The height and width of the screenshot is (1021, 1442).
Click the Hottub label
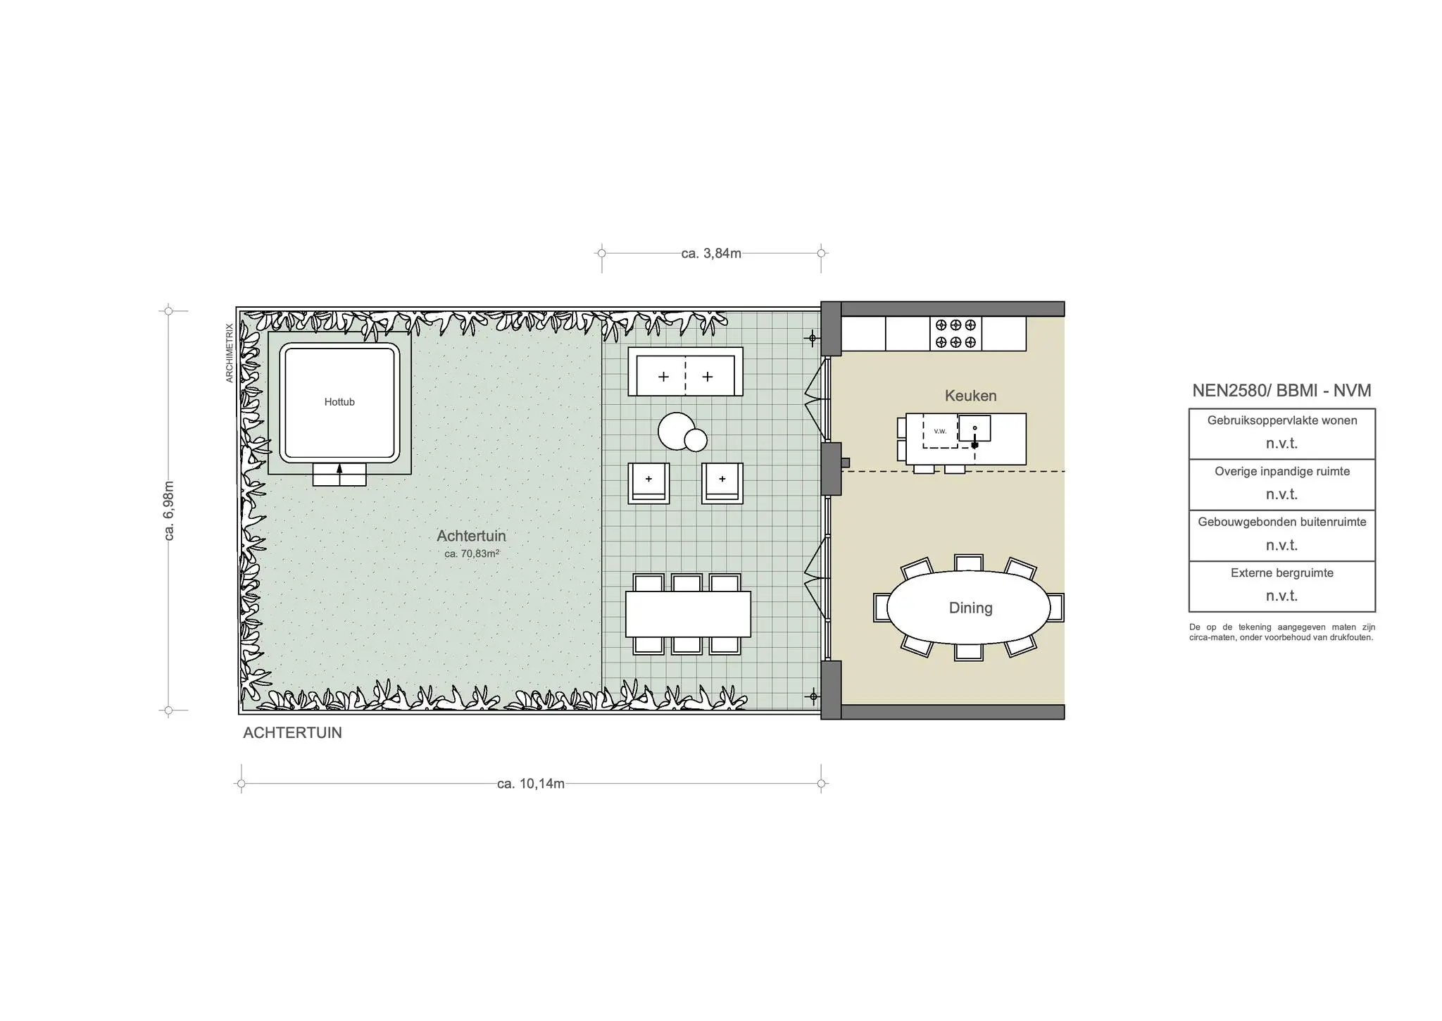click(x=339, y=402)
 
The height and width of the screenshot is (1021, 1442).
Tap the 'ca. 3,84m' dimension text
click(x=711, y=253)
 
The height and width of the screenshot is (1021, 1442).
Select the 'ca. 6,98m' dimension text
click(x=169, y=510)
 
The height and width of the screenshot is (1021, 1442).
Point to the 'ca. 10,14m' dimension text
click(x=531, y=784)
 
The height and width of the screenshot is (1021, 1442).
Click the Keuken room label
click(x=970, y=396)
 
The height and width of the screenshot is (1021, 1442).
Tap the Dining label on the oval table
click(x=970, y=608)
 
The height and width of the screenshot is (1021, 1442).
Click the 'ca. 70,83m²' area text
click(x=472, y=553)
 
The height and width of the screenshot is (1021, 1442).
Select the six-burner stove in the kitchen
click(x=955, y=334)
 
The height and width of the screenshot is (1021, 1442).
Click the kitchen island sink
click(x=974, y=428)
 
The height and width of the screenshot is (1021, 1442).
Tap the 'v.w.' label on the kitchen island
click(x=940, y=431)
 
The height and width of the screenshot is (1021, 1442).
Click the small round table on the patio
click(x=696, y=440)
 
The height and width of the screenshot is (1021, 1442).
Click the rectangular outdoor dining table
click(x=688, y=614)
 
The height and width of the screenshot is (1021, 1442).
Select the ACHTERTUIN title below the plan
click(x=292, y=733)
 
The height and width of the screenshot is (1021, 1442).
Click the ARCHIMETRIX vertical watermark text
click(x=229, y=353)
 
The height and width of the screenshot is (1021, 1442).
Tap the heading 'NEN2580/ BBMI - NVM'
click(x=1281, y=391)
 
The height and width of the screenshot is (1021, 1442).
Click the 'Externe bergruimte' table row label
click(x=1281, y=573)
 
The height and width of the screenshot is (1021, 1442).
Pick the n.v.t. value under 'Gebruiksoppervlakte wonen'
click(x=1281, y=444)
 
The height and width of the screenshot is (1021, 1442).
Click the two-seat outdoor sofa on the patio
click(x=685, y=371)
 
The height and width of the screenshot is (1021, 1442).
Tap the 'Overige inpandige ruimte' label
click(x=1281, y=472)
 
